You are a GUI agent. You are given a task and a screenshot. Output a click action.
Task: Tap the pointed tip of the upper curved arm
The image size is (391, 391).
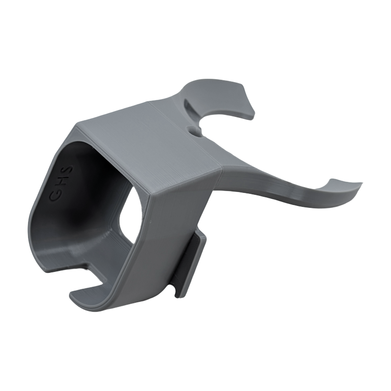(252, 114)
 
